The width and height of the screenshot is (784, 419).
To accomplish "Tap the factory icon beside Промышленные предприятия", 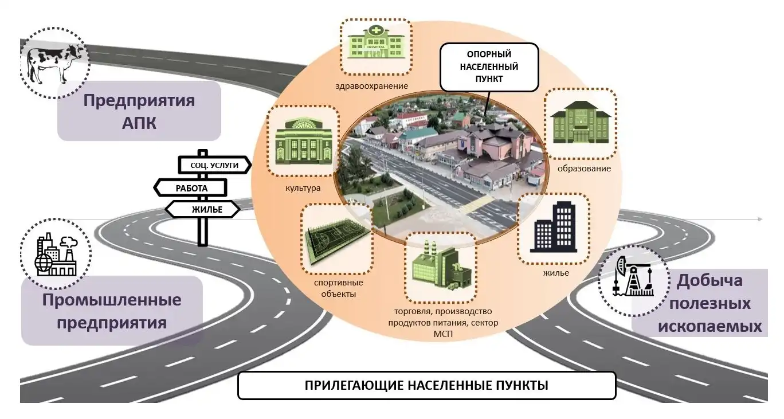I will pyautogui.click(x=55, y=254).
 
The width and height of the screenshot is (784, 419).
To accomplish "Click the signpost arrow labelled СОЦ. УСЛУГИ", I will pyautogui.click(x=214, y=165).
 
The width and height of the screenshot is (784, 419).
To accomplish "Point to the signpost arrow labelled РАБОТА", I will pyautogui.click(x=191, y=187).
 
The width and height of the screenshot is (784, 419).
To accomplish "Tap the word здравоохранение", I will pyautogui.click(x=373, y=86).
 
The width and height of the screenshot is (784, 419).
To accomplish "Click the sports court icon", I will pyautogui.click(x=336, y=240).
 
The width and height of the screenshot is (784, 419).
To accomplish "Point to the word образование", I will pyautogui.click(x=584, y=169).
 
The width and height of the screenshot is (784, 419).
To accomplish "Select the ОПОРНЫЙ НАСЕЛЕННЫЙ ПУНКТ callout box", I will pyautogui.click(x=489, y=67).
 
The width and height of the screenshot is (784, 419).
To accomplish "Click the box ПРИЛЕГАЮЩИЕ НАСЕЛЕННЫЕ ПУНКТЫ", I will pyautogui.click(x=426, y=385).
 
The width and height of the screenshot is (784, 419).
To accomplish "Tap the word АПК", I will pyautogui.click(x=139, y=123).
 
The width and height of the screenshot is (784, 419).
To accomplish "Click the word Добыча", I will pyautogui.click(x=709, y=281).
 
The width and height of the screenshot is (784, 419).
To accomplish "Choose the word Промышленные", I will pyautogui.click(x=111, y=300).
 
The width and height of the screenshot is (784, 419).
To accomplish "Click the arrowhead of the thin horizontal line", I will pyautogui.click(x=760, y=219).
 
